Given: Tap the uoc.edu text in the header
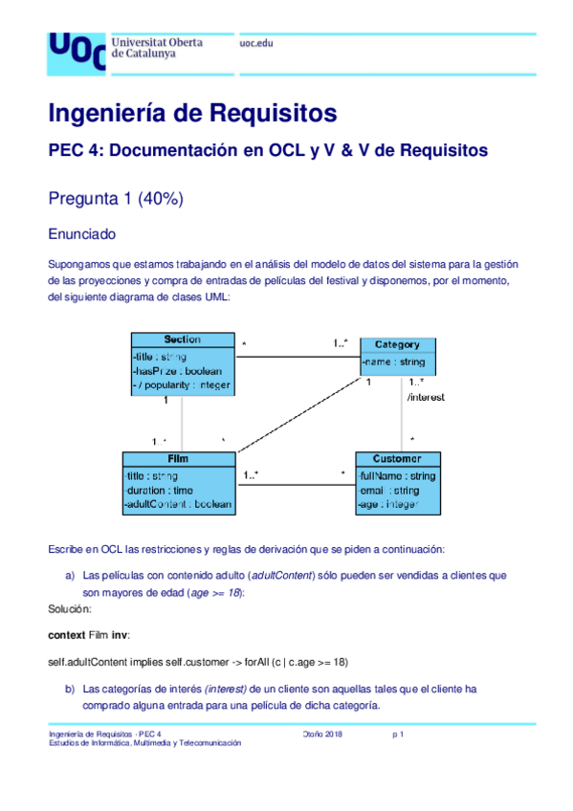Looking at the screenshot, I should [255, 44].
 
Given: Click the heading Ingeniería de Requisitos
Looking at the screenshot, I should [192, 113].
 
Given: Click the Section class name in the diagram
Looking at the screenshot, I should [182, 340].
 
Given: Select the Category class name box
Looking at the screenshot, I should [397, 344].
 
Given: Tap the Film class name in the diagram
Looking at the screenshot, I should [178, 459].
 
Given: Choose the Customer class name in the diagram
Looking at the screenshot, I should [399, 459].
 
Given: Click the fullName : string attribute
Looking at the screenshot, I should [397, 475].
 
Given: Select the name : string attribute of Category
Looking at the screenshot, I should [395, 362].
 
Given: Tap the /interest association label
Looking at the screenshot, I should [425, 396].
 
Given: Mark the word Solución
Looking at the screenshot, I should [69, 608].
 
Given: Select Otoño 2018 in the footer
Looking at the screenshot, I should [322, 734].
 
